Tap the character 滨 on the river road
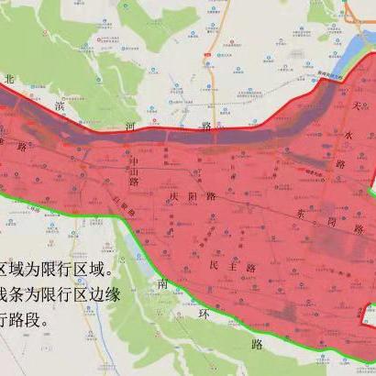tap(61, 107)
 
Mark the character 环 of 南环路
tap(205, 312)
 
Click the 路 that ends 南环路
tap(256, 345)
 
